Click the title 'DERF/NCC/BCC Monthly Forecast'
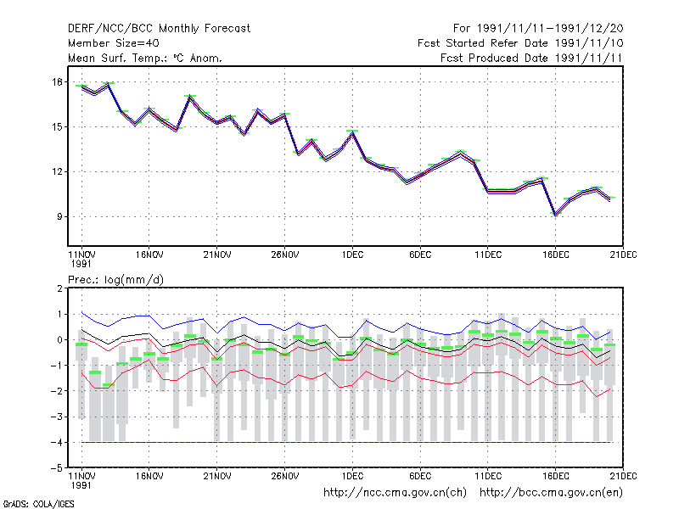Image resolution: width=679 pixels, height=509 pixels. (x=159, y=29)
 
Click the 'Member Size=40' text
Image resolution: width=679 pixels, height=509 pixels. (x=114, y=43)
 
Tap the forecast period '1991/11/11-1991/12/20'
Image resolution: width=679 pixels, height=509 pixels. (x=550, y=29)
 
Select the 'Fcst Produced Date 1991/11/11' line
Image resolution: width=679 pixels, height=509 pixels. (x=531, y=58)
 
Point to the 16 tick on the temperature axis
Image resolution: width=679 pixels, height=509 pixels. (x=58, y=81)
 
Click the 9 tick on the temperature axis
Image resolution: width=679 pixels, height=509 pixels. (x=59, y=216)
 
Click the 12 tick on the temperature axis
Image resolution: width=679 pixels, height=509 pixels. (x=58, y=172)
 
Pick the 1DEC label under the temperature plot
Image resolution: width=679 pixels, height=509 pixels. (x=352, y=255)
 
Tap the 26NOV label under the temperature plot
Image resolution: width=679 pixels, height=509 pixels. (x=285, y=255)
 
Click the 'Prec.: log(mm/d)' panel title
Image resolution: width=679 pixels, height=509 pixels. (x=115, y=280)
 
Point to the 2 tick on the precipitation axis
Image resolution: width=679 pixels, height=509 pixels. (x=59, y=288)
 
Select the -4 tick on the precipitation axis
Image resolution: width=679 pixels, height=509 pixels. (x=56, y=442)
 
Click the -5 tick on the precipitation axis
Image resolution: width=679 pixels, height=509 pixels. (x=56, y=468)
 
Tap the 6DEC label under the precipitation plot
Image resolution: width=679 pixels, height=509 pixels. (x=420, y=476)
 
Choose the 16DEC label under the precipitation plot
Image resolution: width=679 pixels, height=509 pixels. (x=556, y=476)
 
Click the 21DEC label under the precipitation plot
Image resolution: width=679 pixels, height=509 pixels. (x=623, y=476)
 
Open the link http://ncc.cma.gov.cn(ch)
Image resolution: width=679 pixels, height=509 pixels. (x=395, y=493)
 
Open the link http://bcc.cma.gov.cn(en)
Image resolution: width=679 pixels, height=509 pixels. (x=551, y=493)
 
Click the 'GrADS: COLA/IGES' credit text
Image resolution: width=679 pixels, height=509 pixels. (x=38, y=504)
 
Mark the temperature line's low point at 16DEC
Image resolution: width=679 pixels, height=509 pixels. (x=556, y=215)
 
